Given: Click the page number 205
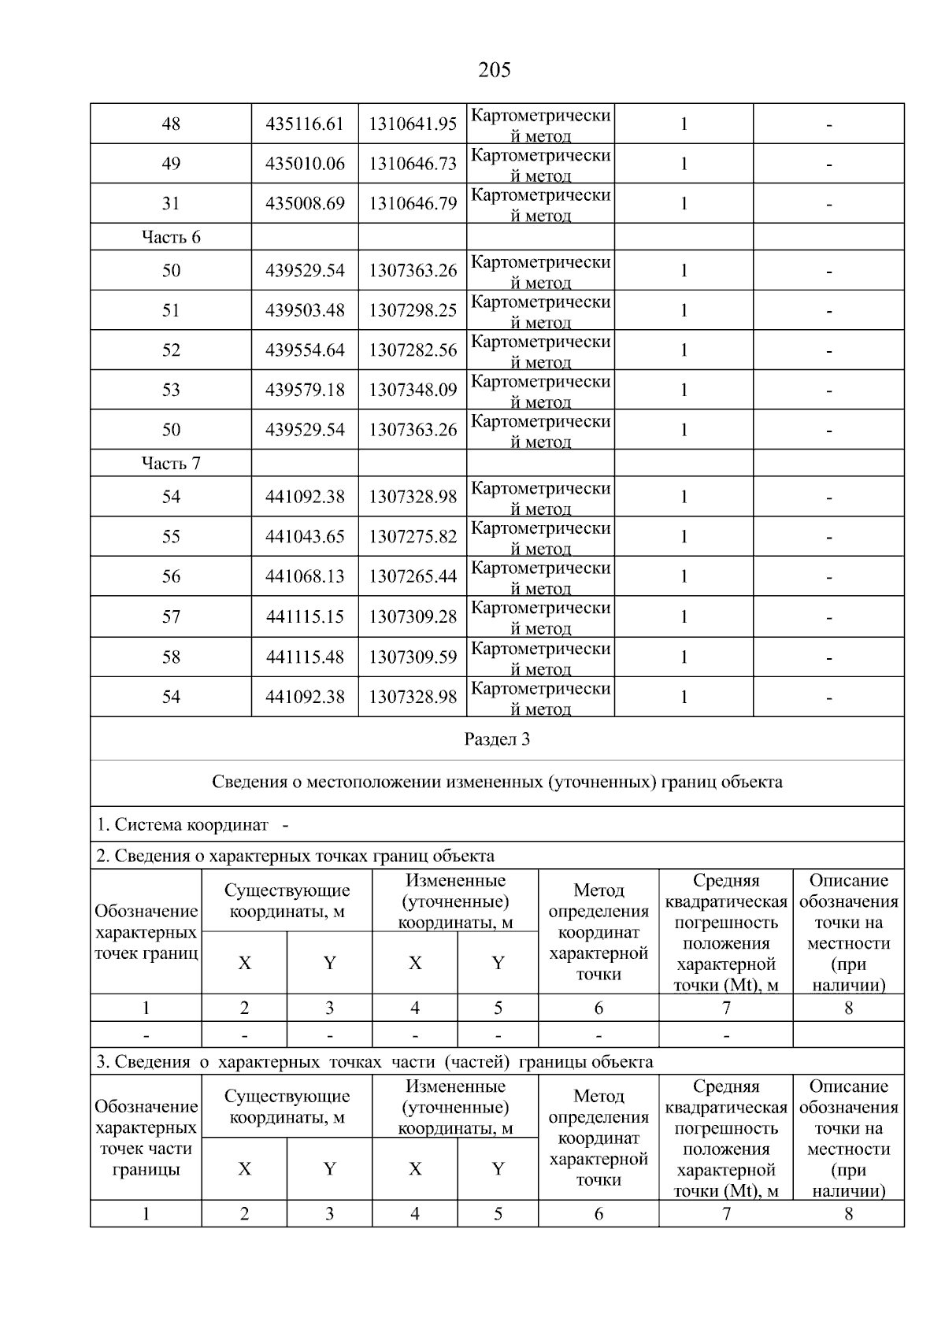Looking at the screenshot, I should click(494, 71).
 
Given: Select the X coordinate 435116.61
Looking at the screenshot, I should click(305, 124).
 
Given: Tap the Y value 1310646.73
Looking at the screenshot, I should click(413, 164).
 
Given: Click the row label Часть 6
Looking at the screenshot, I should click(171, 238).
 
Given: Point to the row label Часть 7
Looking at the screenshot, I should click(171, 464).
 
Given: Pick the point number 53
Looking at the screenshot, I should click(171, 390).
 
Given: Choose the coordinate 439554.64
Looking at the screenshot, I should click(305, 350).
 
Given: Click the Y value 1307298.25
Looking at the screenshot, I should click(413, 311).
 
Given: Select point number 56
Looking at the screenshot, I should click(171, 577).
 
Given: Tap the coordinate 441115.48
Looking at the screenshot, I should click(305, 657).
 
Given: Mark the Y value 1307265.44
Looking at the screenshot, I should click(413, 577).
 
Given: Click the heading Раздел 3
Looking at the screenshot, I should click(497, 739).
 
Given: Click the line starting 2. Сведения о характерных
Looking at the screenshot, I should click(295, 856).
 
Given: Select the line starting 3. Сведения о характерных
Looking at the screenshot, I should click(374, 1062).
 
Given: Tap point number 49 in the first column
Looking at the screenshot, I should click(171, 164).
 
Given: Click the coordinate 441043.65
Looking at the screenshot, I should click(305, 537).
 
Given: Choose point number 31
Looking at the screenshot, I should click(171, 204).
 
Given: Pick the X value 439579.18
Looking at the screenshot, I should click(305, 390).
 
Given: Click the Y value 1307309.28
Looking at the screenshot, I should click(413, 617).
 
